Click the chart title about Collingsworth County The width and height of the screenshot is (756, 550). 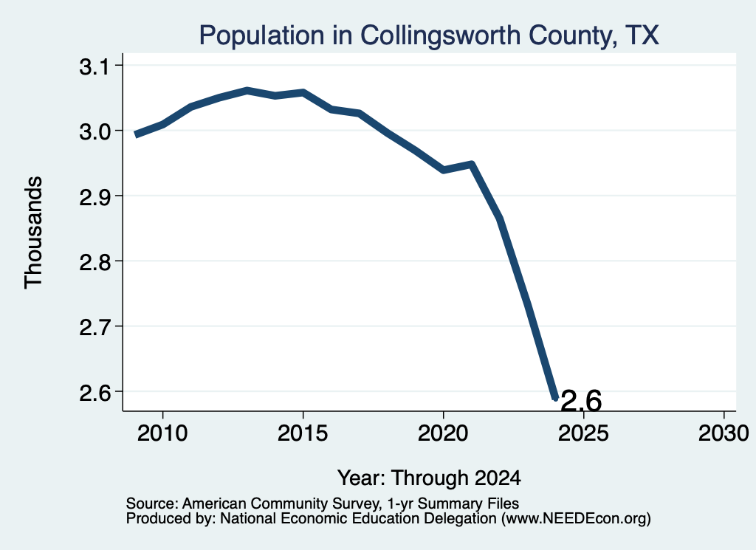pyautogui.click(x=429, y=35)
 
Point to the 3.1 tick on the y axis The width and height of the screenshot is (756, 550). pyautogui.click(x=95, y=66)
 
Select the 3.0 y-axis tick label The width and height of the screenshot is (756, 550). pyautogui.click(x=95, y=131)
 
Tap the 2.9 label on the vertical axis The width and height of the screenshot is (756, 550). pyautogui.click(x=95, y=196)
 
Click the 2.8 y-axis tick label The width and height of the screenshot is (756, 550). pyautogui.click(x=95, y=262)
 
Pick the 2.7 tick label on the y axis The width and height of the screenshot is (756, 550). pyautogui.click(x=95, y=327)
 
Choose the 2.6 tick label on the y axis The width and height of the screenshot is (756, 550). pyautogui.click(x=95, y=392)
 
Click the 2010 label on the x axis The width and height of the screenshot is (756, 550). pyautogui.click(x=162, y=433)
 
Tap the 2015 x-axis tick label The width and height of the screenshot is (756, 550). pyautogui.click(x=303, y=433)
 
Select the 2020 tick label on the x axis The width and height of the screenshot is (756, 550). pyautogui.click(x=443, y=433)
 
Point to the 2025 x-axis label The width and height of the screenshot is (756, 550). pyautogui.click(x=583, y=433)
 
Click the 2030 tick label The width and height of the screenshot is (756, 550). pyautogui.click(x=724, y=433)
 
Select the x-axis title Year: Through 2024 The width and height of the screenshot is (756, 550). pyautogui.click(x=429, y=478)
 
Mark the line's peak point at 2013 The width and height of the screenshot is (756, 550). pyautogui.click(x=247, y=90)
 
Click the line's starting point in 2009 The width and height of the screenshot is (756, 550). pyautogui.click(x=137, y=134)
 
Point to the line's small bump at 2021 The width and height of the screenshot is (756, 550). pyautogui.click(x=472, y=165)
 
